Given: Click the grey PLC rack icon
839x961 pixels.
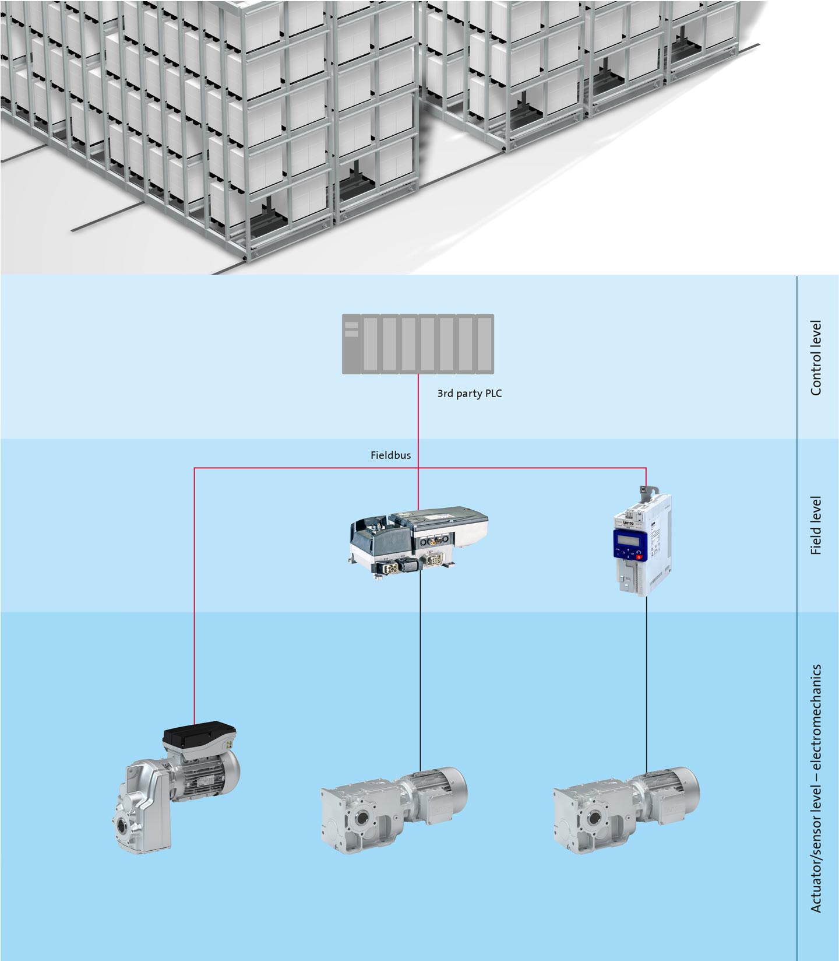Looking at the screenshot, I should (418, 343).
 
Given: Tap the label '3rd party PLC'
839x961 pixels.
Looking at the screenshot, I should (469, 394).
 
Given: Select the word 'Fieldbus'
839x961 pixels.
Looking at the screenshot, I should (390, 455).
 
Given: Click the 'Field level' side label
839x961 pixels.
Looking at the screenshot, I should (816, 525).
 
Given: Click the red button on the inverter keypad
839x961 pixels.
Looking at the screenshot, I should (639, 557).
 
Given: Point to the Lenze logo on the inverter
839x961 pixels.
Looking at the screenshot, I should (628, 524).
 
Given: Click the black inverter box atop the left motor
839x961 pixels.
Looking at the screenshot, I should (200, 738).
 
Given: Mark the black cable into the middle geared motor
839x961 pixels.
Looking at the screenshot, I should (420, 671).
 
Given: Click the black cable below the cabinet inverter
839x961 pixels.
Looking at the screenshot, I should (646, 682).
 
